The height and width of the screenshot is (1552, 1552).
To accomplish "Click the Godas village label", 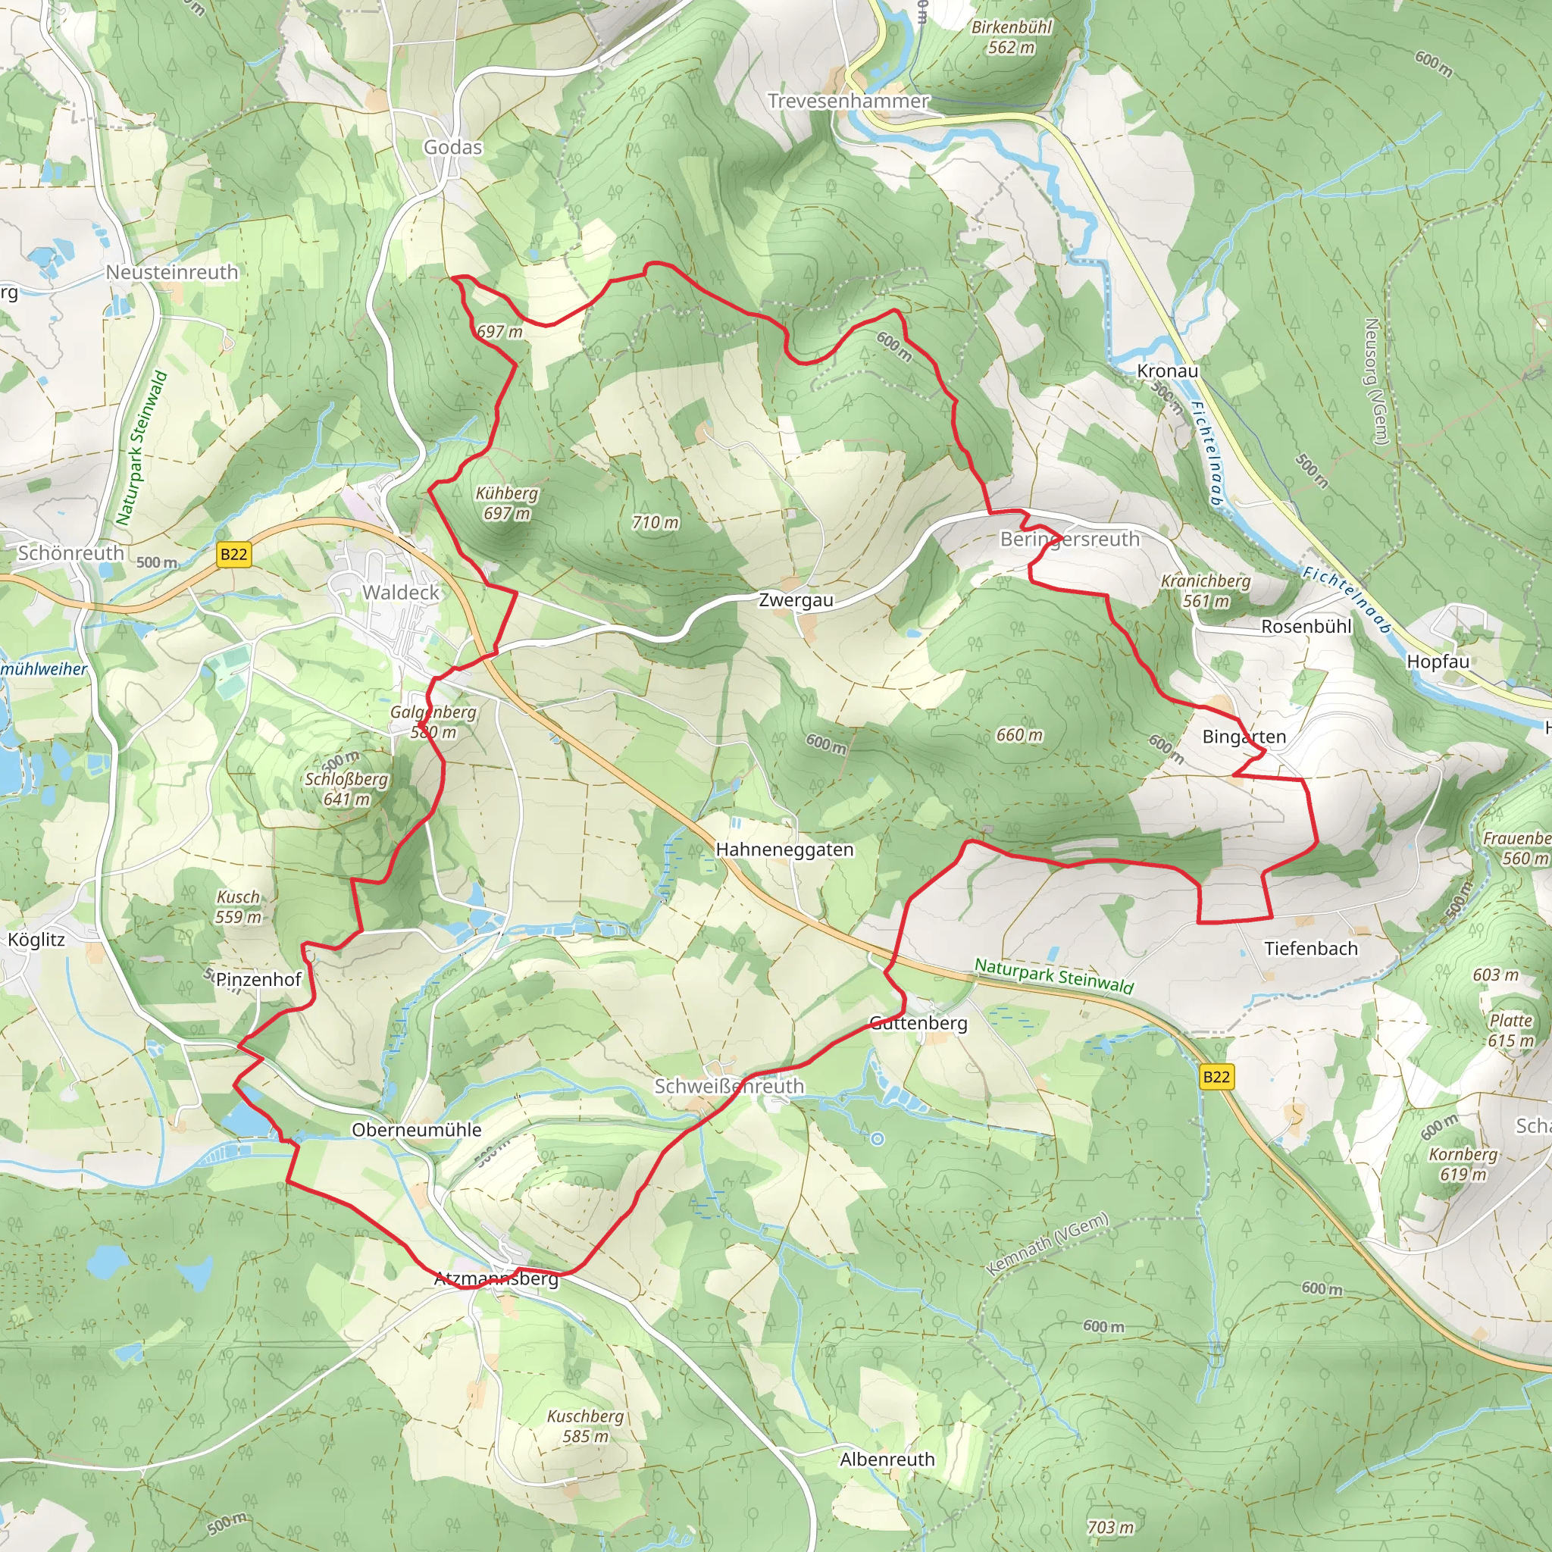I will pyautogui.click(x=453, y=147).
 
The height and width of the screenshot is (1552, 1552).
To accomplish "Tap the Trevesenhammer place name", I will pyautogui.click(x=847, y=102).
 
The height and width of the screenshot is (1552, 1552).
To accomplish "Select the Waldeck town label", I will pyautogui.click(x=401, y=592).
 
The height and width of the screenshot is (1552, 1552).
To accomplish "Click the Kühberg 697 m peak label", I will pyautogui.click(x=507, y=503).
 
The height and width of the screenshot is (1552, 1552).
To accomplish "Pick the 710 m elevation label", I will pyautogui.click(x=655, y=522).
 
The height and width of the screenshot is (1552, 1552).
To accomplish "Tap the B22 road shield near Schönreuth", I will pyautogui.click(x=233, y=554).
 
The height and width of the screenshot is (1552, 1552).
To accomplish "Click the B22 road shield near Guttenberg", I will pyautogui.click(x=1216, y=1076).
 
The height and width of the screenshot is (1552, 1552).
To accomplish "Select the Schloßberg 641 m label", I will pyautogui.click(x=346, y=789).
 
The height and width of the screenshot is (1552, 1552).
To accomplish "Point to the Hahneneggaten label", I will pyautogui.click(x=784, y=849).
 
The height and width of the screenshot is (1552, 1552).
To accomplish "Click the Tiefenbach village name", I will pyautogui.click(x=1311, y=949).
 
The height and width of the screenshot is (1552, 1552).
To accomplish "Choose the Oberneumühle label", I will pyautogui.click(x=416, y=1129).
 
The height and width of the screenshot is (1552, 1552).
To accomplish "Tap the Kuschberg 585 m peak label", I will pyautogui.click(x=585, y=1426).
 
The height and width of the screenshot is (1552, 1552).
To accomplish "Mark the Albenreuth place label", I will pyautogui.click(x=887, y=1460).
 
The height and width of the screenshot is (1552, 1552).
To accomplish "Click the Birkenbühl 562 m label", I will pyautogui.click(x=1012, y=37).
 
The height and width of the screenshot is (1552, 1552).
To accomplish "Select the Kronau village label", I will pyautogui.click(x=1167, y=371).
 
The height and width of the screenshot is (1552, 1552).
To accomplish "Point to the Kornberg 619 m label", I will pyautogui.click(x=1463, y=1164).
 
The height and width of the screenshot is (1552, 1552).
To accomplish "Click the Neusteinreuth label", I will pyautogui.click(x=172, y=272).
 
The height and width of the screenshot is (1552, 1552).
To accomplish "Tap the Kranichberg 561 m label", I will pyautogui.click(x=1206, y=590).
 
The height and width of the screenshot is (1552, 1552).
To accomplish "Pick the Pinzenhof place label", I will pyautogui.click(x=258, y=979).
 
